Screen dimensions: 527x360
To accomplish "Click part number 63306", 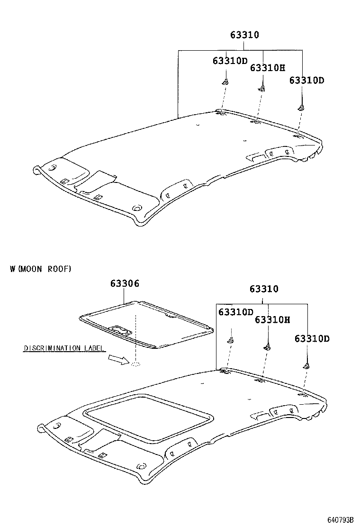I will coord(125,283).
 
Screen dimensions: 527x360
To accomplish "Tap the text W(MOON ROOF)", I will coord(40,269).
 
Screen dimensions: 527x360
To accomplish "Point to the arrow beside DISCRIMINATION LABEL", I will coord(118,361).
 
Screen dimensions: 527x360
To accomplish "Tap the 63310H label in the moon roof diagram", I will coord(272,319).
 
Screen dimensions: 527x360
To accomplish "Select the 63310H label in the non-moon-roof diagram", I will coord(267,68).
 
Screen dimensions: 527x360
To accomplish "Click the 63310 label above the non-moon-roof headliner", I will coord(244,35).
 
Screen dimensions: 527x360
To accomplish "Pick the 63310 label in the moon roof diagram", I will coord(264,289).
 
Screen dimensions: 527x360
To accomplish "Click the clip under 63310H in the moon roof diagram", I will coord(268,347).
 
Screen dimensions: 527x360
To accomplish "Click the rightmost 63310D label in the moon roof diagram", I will coord(312,338).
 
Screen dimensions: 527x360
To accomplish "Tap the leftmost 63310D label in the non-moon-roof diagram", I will coord(230,61).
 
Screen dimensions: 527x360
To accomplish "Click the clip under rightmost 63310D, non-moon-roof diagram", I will coord(301,108).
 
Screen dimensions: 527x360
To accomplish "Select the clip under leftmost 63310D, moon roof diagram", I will coord(231,339).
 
